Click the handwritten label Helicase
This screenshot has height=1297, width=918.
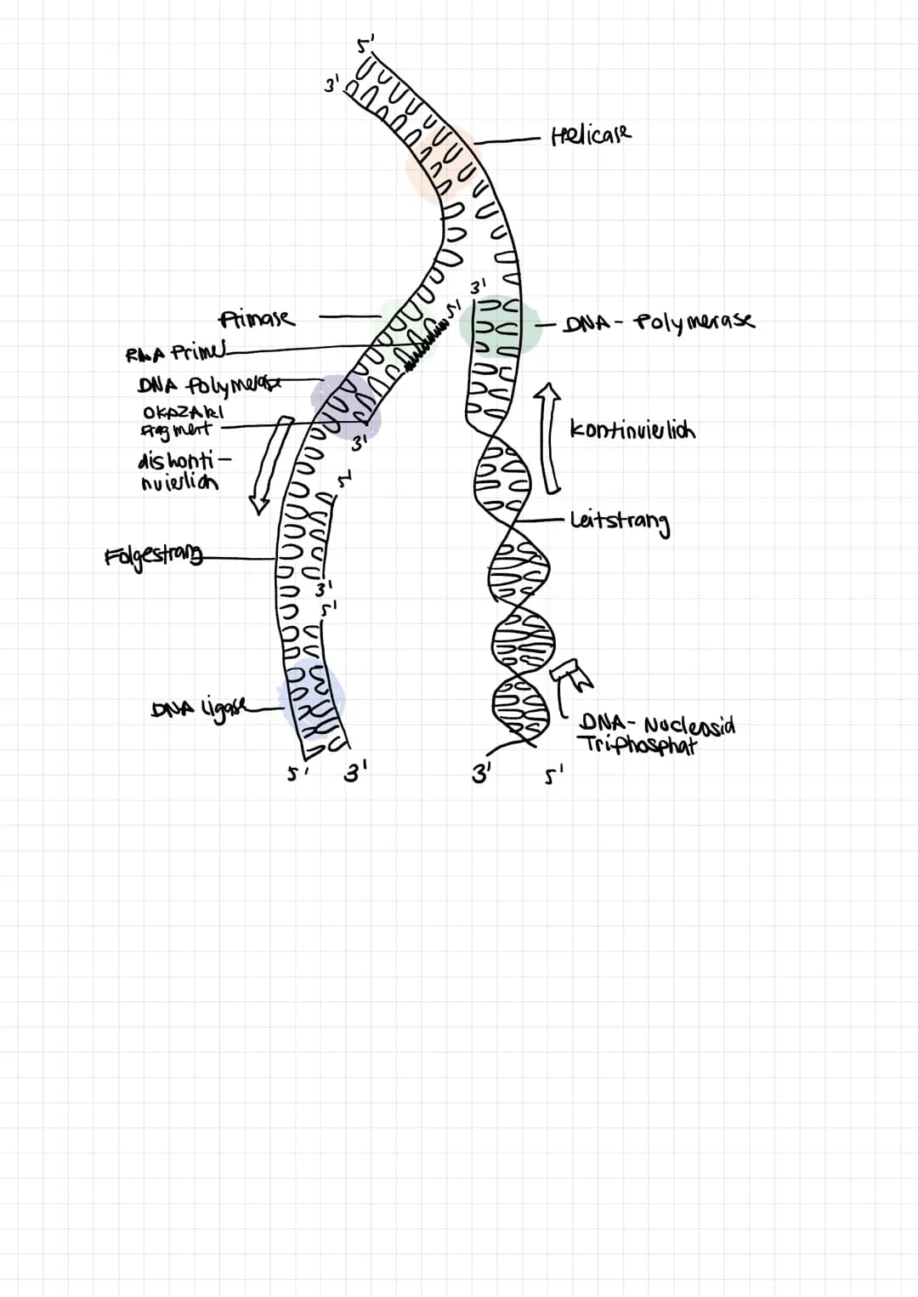[x=592, y=134]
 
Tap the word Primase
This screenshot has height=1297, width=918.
[x=257, y=319]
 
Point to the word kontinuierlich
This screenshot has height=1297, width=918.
[x=632, y=429]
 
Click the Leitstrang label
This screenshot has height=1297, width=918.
[x=620, y=521]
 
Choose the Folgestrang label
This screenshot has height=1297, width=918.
[x=154, y=557]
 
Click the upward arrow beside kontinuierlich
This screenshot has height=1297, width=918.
[x=550, y=438]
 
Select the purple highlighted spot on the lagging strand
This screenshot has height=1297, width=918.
[x=344, y=404]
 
